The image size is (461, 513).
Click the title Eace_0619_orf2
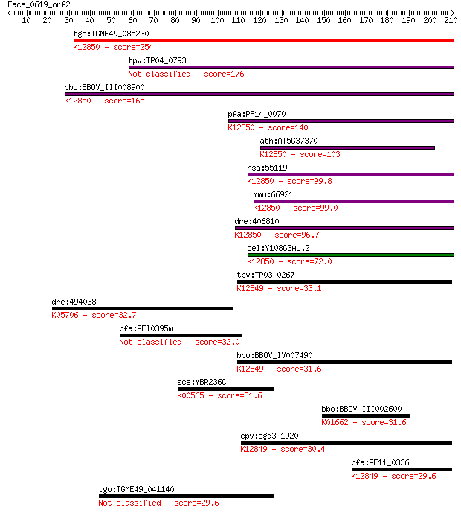pyautogui.click(x=39, y=5)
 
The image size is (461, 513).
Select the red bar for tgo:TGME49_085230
pyautogui.click(x=264, y=40)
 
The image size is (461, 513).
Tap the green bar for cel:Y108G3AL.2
pyautogui.click(x=351, y=255)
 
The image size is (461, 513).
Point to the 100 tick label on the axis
pyautogui.click(x=217, y=20)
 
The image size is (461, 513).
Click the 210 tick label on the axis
pyautogui.click(x=451, y=20)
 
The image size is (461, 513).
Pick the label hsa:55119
pyautogui.click(x=267, y=168)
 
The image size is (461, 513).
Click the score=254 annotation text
pyautogui.click(x=133, y=47)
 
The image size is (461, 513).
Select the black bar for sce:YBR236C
pyautogui.click(x=226, y=389)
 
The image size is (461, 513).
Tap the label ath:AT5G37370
pyautogui.click(x=288, y=141)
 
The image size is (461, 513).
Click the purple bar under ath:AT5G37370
pyautogui.click(x=348, y=148)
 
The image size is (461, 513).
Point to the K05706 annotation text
pyautogui.click(x=65, y=315)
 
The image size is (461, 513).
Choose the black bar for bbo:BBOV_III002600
pyautogui.click(x=366, y=415)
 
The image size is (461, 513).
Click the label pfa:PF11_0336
pyautogui.click(x=380, y=462)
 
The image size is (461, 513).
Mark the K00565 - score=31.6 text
pyautogui.click(x=219, y=395)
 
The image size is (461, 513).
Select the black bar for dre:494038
pyautogui.click(x=143, y=308)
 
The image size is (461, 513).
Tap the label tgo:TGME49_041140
pyautogui.click(x=137, y=489)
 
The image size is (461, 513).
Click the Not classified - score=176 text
pyautogui.click(x=186, y=74)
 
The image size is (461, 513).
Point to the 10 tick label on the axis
pyautogui.click(x=26, y=20)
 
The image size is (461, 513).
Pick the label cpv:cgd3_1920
pyautogui.click(x=270, y=436)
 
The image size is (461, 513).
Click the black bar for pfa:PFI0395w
pyautogui.click(x=181, y=335)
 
